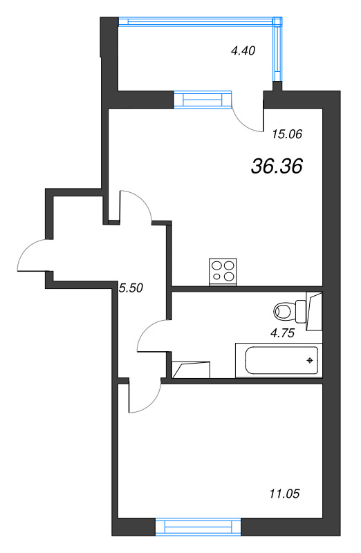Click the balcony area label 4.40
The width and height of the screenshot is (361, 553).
coord(243,50)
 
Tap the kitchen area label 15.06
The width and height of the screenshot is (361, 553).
coord(287,134)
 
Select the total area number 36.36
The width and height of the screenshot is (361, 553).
coord(277,166)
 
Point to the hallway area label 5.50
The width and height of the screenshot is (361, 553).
coord(131,288)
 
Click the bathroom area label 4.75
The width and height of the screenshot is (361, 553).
coord(282,333)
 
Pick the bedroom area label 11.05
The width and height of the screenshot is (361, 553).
coord(284,494)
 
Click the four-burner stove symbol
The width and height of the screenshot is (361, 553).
coord(223,272)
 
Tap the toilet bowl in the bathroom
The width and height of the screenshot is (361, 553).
coord(284,312)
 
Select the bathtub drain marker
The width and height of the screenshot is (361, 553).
coord(310,360)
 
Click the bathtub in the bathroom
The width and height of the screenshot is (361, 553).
coord(279,360)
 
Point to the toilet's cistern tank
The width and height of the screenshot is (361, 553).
coord(301,311)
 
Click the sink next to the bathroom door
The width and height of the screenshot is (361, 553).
coord(191,370)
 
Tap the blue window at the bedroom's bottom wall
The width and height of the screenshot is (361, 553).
coord(198,527)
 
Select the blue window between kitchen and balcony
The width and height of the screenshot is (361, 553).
coord(203,100)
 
